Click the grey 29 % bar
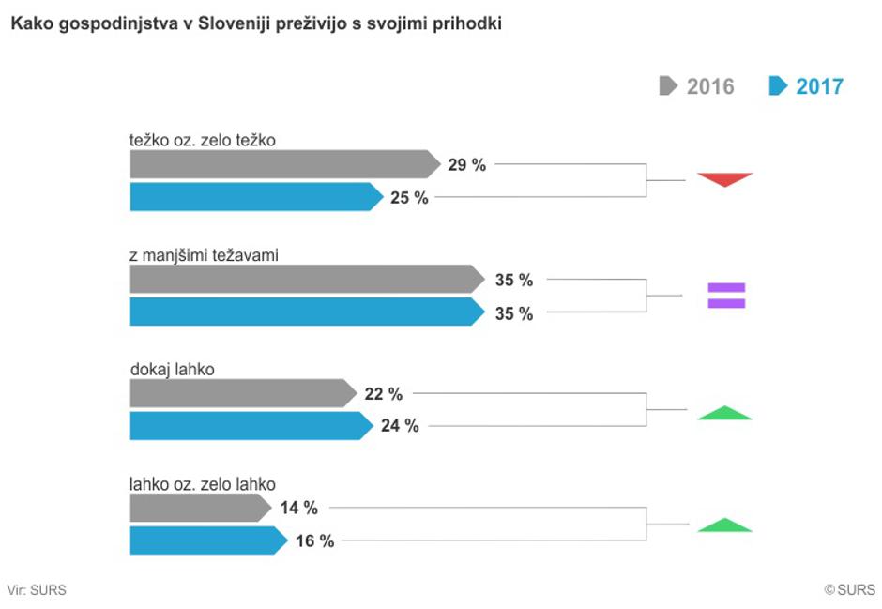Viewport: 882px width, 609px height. pyautogui.click(x=281, y=164)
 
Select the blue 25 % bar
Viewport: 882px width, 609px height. pyautogui.click(x=253, y=197)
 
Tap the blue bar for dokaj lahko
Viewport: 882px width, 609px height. pyautogui.click(x=249, y=425)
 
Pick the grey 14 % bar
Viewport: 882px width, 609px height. pyautogui.click(x=197, y=508)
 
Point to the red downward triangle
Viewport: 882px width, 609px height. pyautogui.click(x=725, y=178)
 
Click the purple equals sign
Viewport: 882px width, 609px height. pyautogui.click(x=726, y=296)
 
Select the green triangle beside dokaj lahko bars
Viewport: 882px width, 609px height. pyautogui.click(x=725, y=412)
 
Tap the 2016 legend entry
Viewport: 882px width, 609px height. pyautogui.click(x=696, y=86)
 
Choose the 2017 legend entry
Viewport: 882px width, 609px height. pyautogui.click(x=806, y=86)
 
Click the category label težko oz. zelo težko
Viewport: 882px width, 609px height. pyautogui.click(x=202, y=140)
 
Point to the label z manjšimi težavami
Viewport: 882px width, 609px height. pyautogui.click(x=204, y=254)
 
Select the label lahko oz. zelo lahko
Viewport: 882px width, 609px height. pyautogui.click(x=202, y=484)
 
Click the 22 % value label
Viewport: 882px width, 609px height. pyautogui.click(x=383, y=393)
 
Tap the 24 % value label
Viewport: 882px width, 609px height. pyautogui.click(x=400, y=426)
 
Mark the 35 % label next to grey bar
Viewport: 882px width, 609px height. pyautogui.click(x=513, y=280)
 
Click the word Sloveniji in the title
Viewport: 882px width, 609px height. pyautogui.click(x=230, y=24)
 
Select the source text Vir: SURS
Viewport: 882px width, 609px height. pyautogui.click(x=37, y=590)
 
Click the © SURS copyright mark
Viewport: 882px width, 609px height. pyautogui.click(x=849, y=590)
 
